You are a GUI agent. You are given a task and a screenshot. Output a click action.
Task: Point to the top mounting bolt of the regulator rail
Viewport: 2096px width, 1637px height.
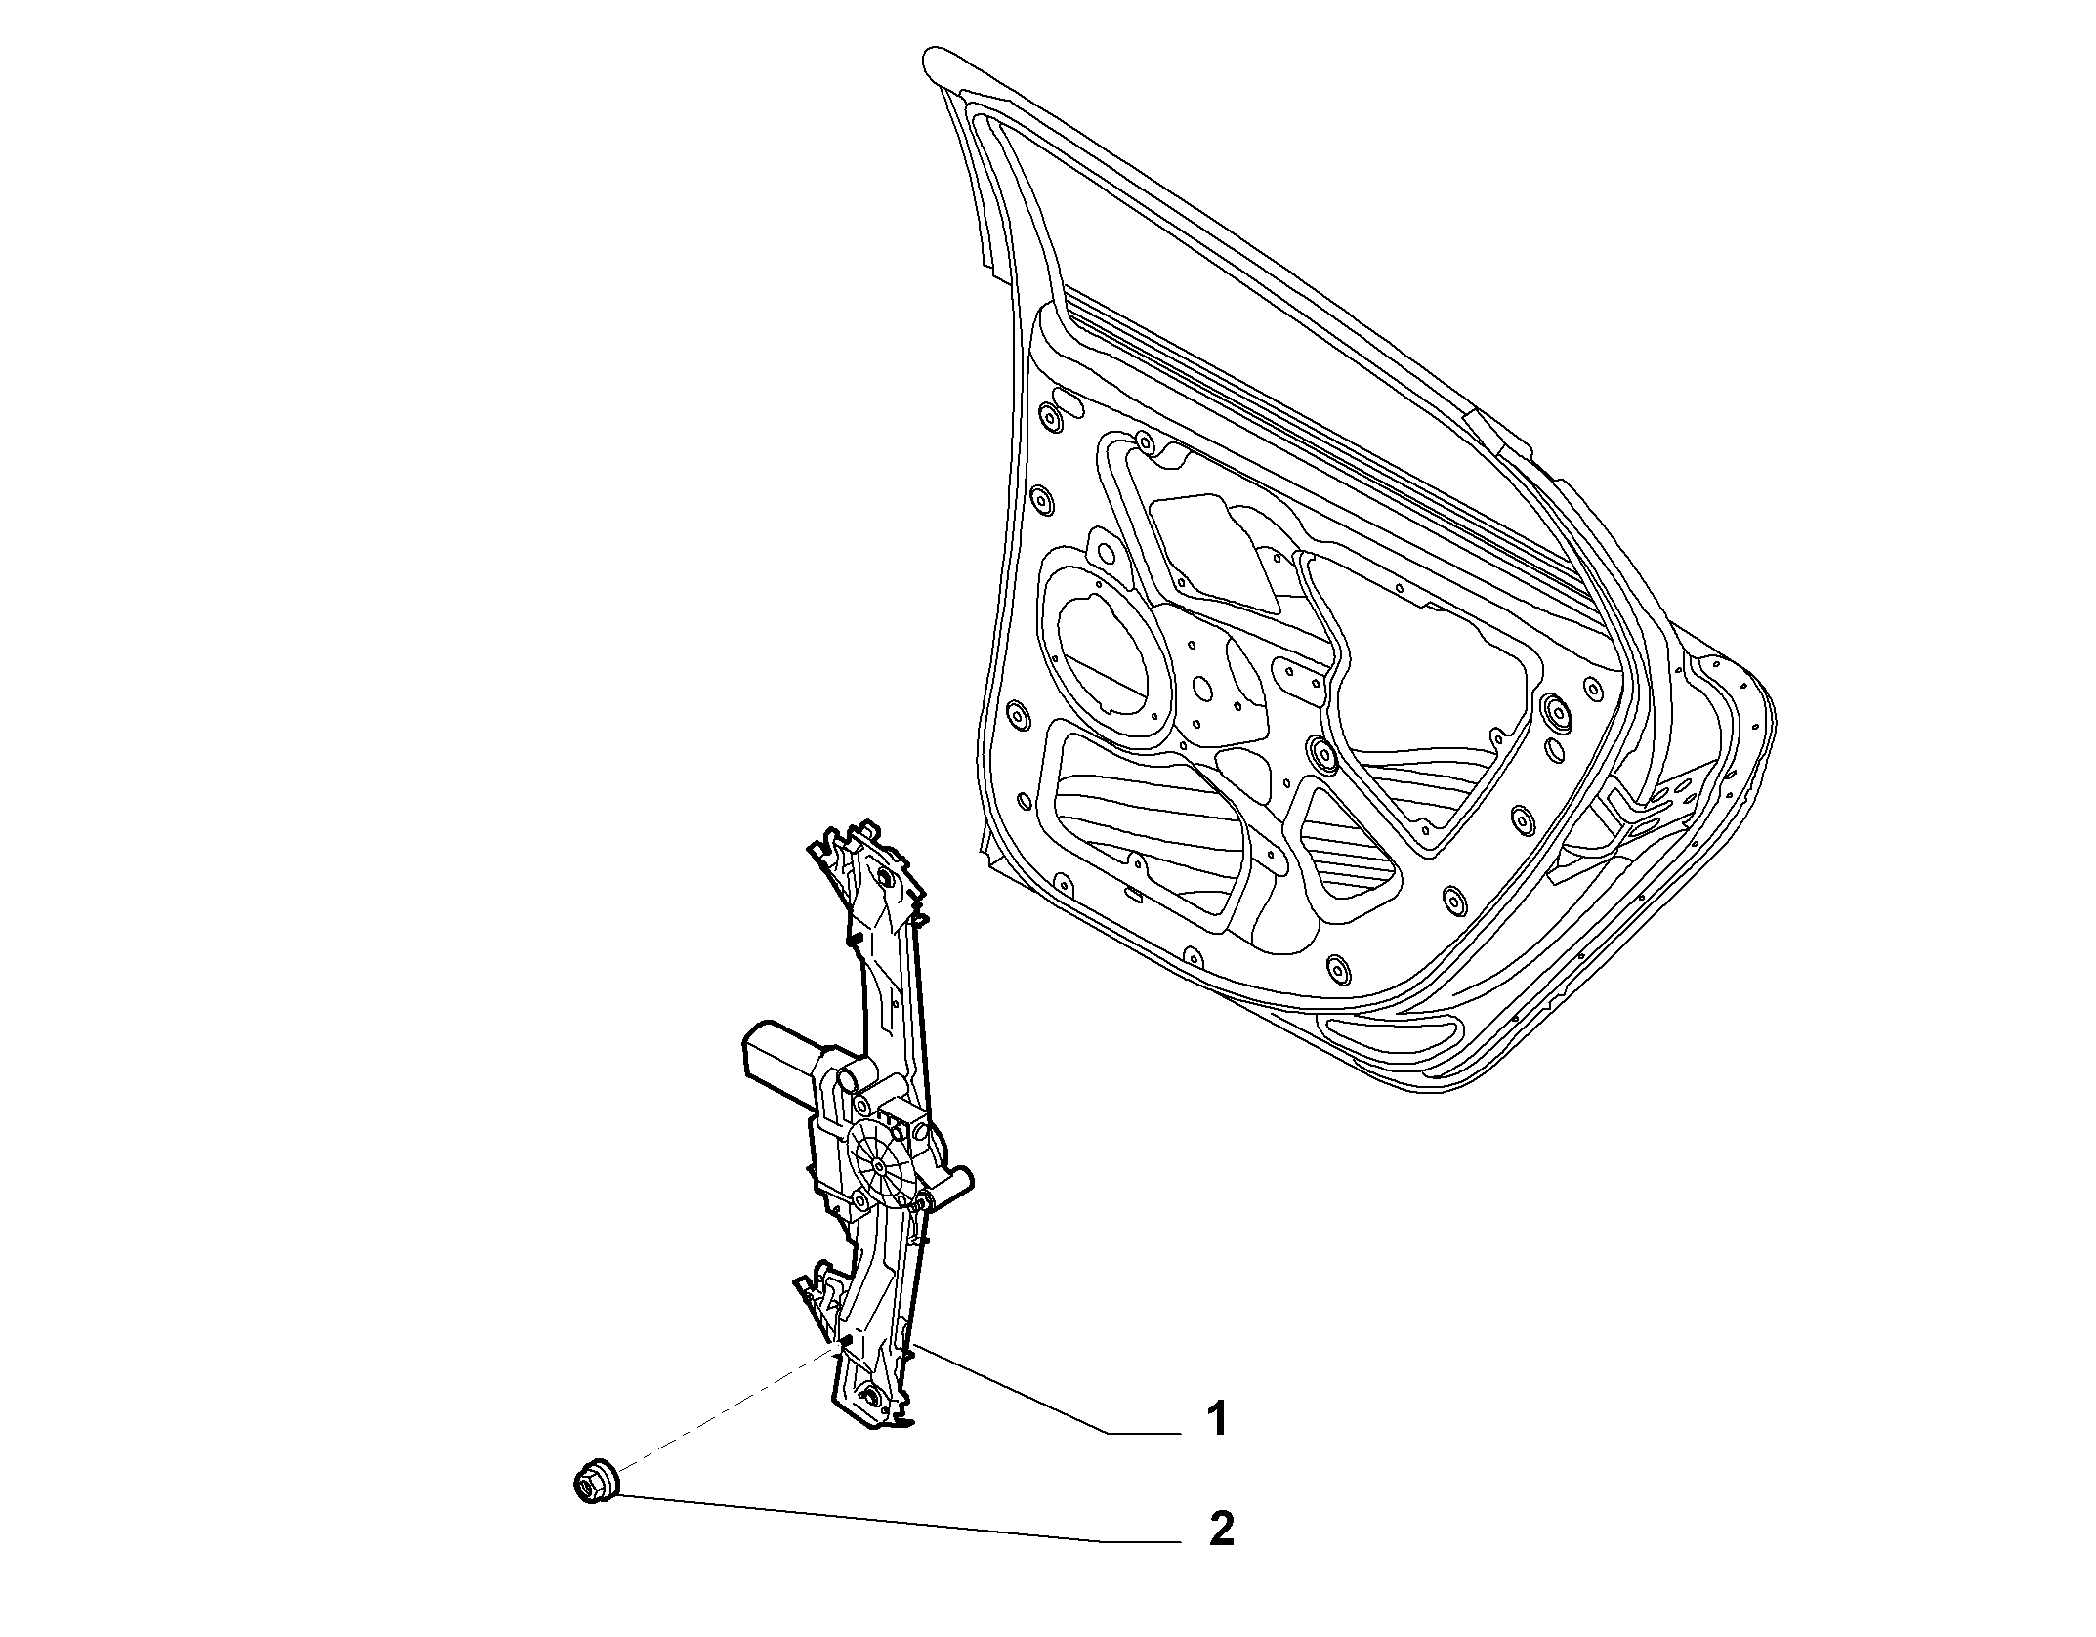[885, 876]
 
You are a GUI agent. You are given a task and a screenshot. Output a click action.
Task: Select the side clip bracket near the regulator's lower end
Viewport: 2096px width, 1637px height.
[820, 1304]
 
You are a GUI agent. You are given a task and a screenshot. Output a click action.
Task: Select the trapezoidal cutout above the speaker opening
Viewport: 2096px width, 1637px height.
[1216, 552]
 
